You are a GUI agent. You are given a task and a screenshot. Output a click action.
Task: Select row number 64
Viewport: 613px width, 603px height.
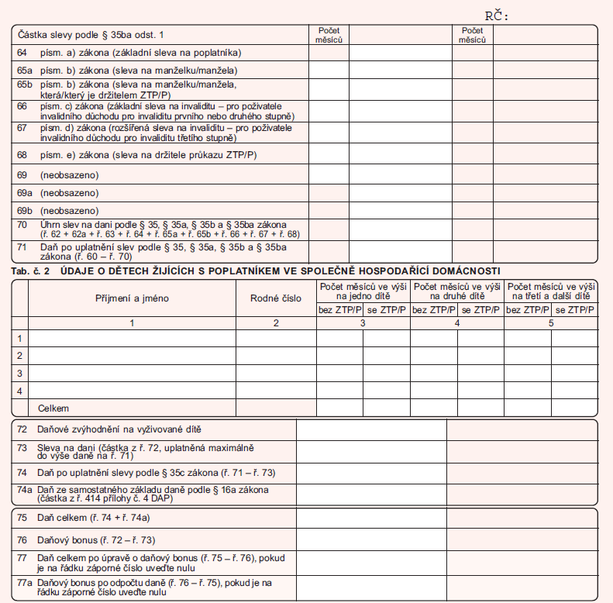click(22, 53)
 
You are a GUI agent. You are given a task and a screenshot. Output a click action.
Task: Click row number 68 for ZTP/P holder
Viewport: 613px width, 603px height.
click(22, 155)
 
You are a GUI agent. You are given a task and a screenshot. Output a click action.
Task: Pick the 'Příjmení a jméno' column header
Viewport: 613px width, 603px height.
click(132, 298)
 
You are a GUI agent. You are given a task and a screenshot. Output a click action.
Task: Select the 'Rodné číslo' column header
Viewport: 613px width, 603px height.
click(275, 298)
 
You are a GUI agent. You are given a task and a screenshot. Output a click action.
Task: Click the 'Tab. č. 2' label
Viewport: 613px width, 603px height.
click(31, 270)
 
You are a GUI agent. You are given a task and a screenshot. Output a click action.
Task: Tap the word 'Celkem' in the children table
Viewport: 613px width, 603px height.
click(53, 407)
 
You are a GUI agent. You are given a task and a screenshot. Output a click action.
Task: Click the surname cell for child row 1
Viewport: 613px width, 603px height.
click(132, 338)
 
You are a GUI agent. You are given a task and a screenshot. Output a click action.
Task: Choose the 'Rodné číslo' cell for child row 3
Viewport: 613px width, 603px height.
click(275, 373)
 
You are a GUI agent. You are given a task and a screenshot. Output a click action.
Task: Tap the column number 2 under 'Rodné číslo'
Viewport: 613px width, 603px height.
click(275, 322)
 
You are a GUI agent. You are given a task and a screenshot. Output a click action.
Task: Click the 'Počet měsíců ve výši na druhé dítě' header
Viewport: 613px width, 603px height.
click(457, 291)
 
